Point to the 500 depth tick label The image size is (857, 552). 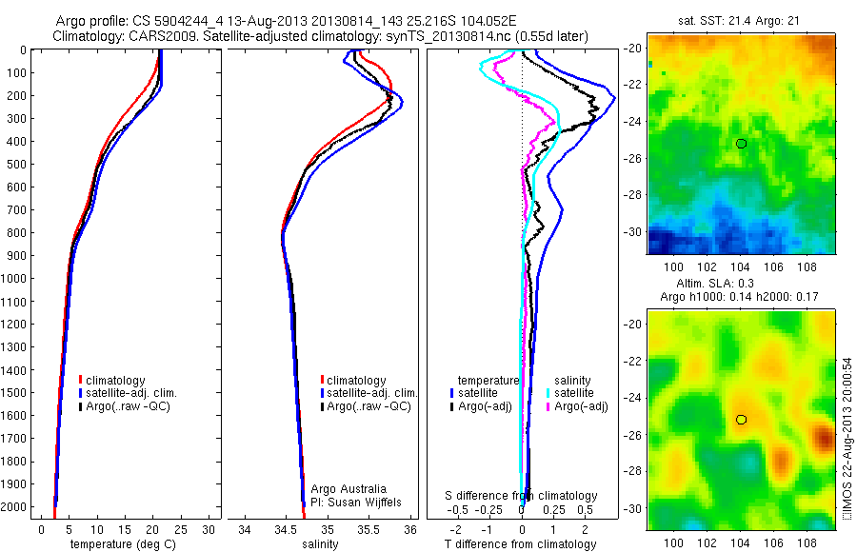[x=17, y=164]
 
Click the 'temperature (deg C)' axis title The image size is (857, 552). [x=114, y=544]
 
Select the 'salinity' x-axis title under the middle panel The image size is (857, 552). [x=320, y=544]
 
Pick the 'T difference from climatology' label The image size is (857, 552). [x=523, y=544]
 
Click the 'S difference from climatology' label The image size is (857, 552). [x=522, y=496]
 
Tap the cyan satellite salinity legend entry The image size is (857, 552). [x=571, y=393]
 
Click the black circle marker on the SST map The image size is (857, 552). [x=741, y=143]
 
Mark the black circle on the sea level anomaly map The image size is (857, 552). [x=741, y=419]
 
